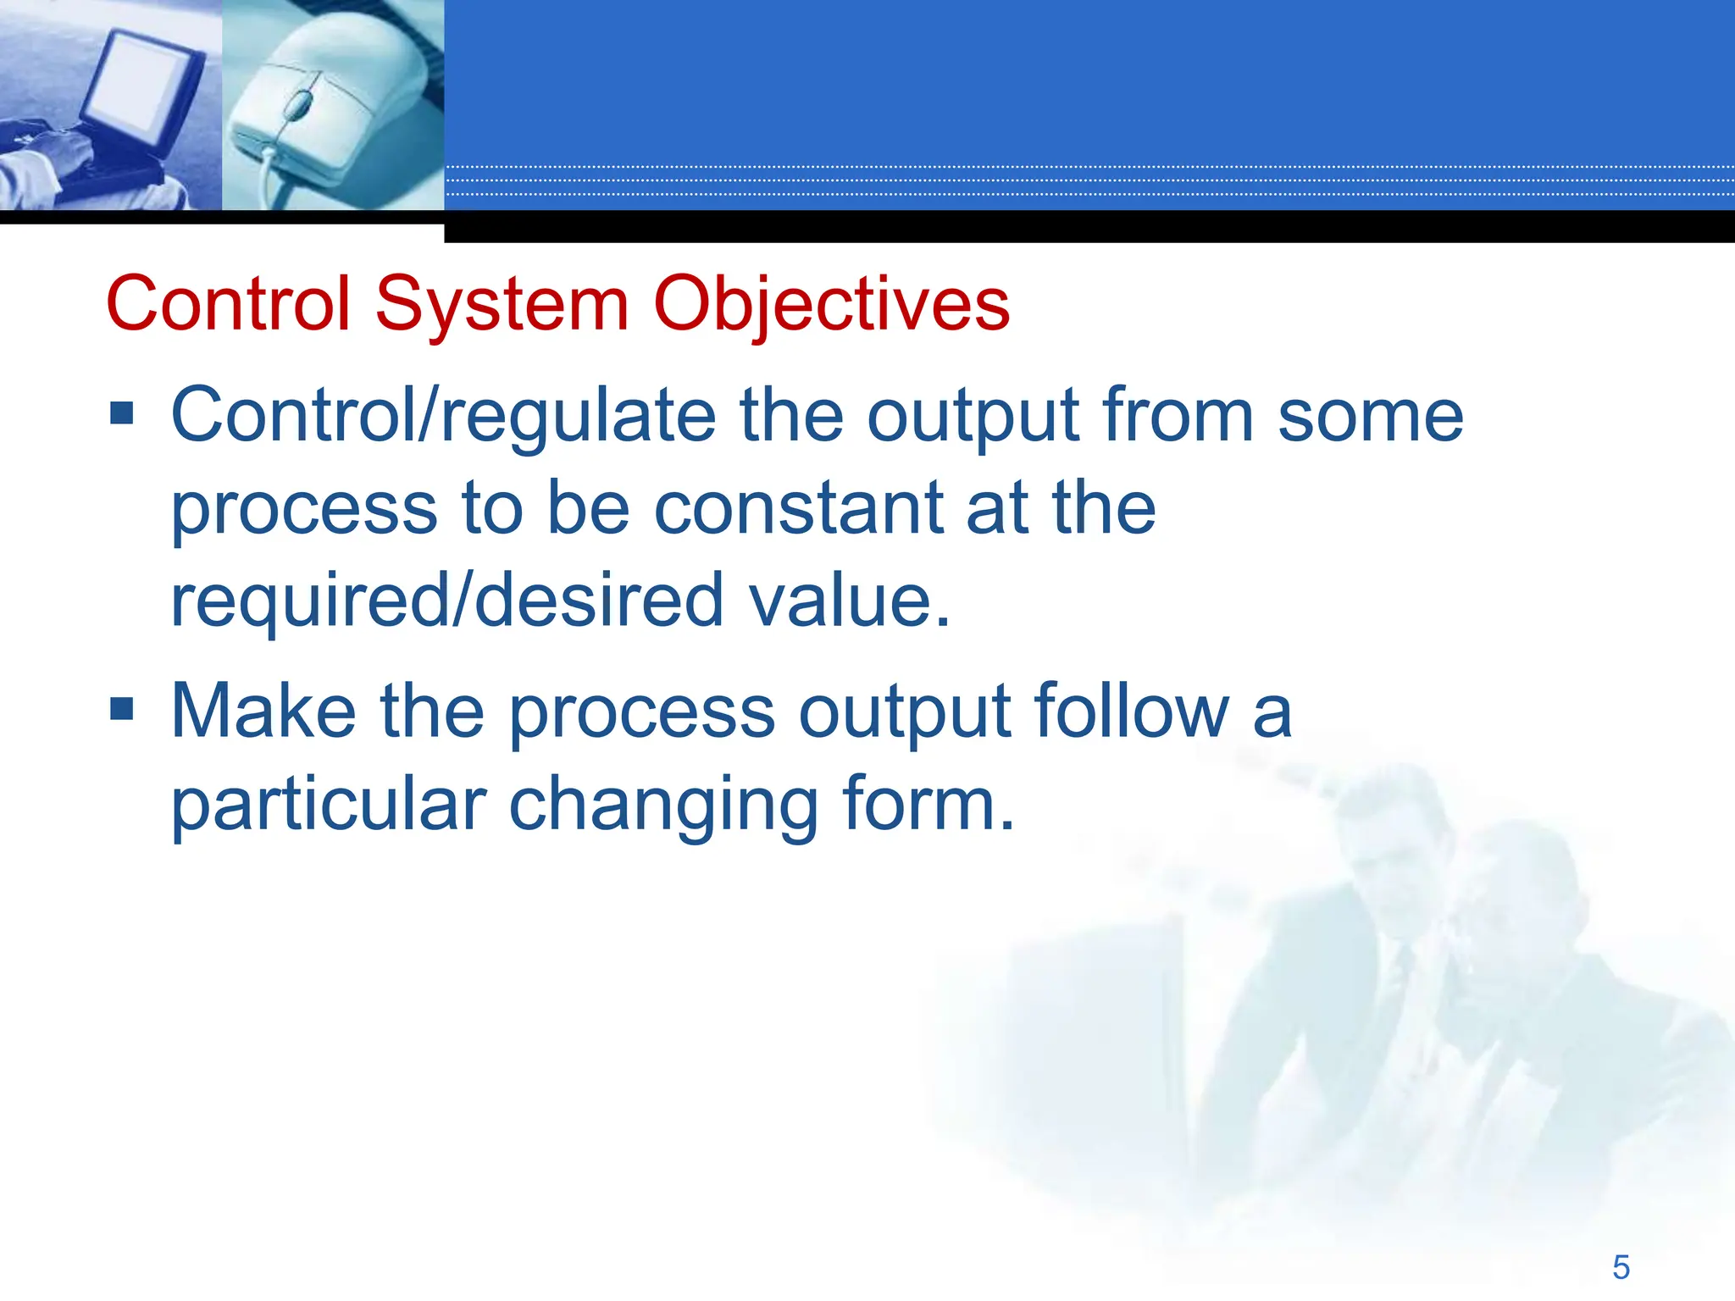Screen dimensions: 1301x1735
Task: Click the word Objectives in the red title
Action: click(831, 304)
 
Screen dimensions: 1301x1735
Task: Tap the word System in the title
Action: click(502, 304)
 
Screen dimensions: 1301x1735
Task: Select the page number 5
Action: click(1621, 1267)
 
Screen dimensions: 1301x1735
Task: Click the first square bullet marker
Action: click(122, 412)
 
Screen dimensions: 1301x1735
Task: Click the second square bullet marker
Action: click(122, 708)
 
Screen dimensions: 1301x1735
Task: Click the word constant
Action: click(798, 508)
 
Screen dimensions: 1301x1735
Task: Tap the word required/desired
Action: click(446, 601)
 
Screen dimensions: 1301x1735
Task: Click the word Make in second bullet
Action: click(263, 711)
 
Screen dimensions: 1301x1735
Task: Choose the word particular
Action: click(329, 805)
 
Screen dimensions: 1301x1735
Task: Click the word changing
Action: click(662, 805)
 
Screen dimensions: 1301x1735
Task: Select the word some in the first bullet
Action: click(1370, 415)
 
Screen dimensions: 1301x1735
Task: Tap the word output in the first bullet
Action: click(973, 415)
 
